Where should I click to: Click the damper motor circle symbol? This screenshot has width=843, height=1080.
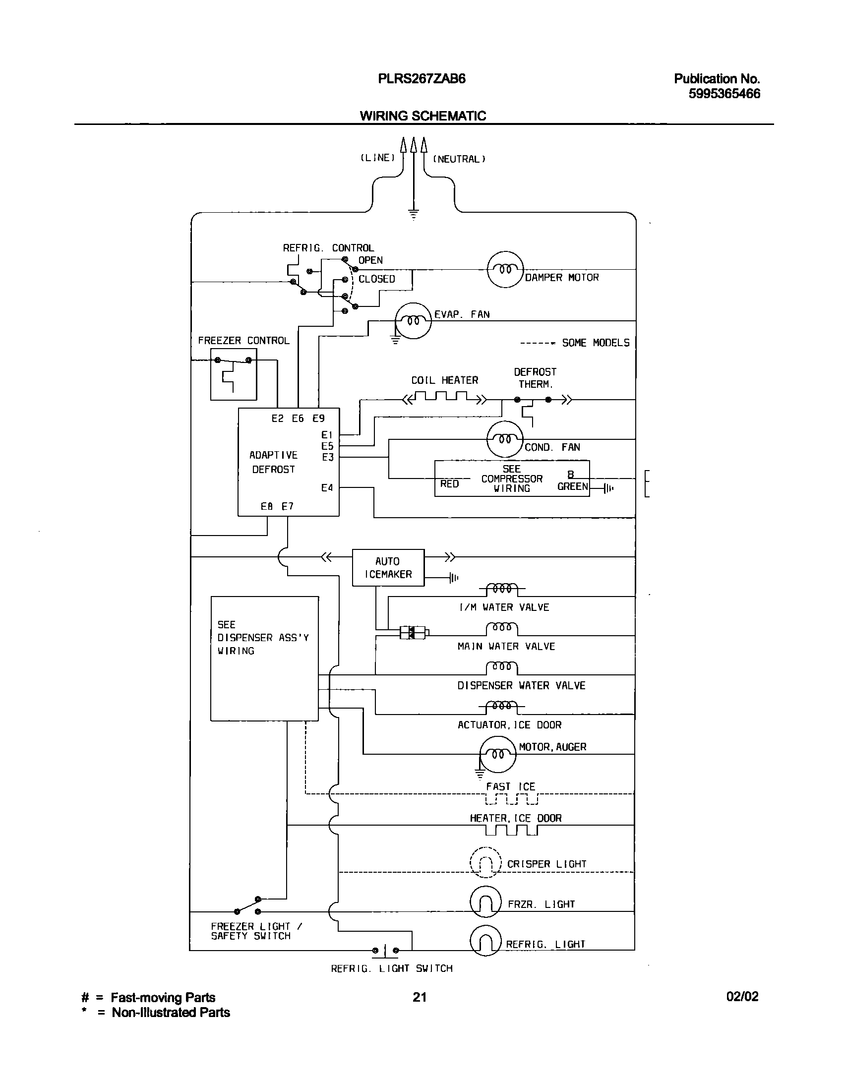[505, 270]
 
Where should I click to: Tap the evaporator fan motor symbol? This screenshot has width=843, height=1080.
[414, 321]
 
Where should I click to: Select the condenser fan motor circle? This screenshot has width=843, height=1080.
[505, 439]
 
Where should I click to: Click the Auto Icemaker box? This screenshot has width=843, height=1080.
[388, 567]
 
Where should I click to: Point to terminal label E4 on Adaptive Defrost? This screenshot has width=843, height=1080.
[327, 488]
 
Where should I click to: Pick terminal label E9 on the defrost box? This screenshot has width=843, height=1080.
[318, 419]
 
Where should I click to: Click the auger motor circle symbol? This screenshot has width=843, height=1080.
[498, 754]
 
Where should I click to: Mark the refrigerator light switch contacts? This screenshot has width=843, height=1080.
[385, 951]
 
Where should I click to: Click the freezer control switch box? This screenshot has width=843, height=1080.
[234, 374]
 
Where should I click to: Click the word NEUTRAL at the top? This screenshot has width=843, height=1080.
[459, 159]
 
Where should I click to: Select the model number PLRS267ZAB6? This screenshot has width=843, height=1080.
[421, 79]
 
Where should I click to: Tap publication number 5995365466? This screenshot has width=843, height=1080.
[724, 94]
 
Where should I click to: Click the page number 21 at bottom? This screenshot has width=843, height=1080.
[420, 997]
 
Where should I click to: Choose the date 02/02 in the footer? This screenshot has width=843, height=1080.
[742, 997]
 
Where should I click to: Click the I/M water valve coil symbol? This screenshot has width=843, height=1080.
[502, 589]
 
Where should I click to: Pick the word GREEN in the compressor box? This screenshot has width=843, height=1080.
[572, 486]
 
